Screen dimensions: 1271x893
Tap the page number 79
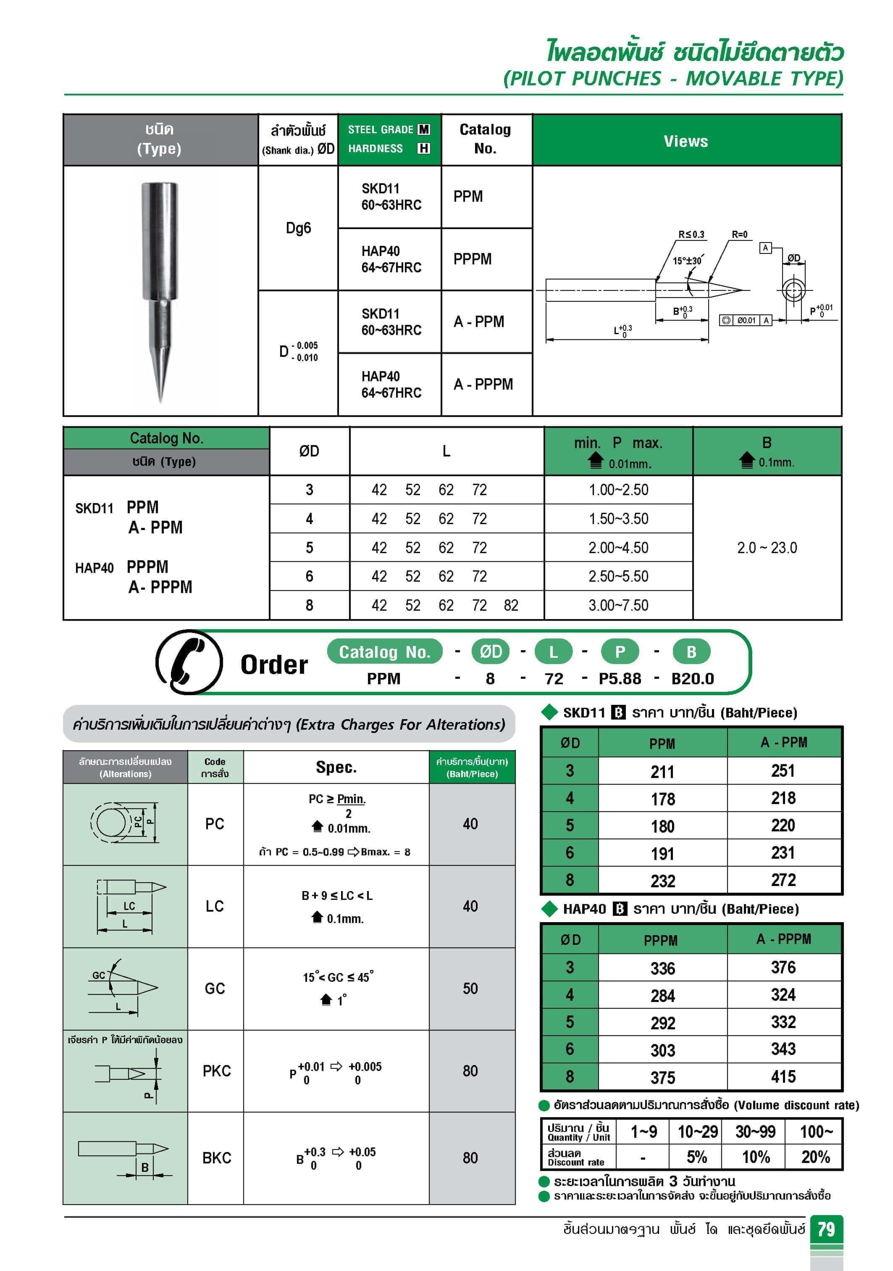point(826,1229)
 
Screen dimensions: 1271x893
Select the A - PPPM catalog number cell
point(483,384)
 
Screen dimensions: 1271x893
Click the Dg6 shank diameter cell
point(298,228)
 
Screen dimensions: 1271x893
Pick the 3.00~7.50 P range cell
point(618,605)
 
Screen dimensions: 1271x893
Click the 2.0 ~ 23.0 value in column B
point(767,548)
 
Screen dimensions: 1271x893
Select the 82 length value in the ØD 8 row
point(511,605)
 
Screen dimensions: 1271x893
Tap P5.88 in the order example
point(620,679)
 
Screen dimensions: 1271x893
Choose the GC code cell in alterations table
point(215,989)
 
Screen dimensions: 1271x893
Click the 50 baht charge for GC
point(470,989)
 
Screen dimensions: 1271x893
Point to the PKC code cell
point(216,1071)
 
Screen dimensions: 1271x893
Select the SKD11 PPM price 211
point(662,772)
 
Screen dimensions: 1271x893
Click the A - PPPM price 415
point(783,1077)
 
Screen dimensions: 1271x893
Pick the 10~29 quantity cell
point(697,1132)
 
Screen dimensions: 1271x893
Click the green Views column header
point(686,141)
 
